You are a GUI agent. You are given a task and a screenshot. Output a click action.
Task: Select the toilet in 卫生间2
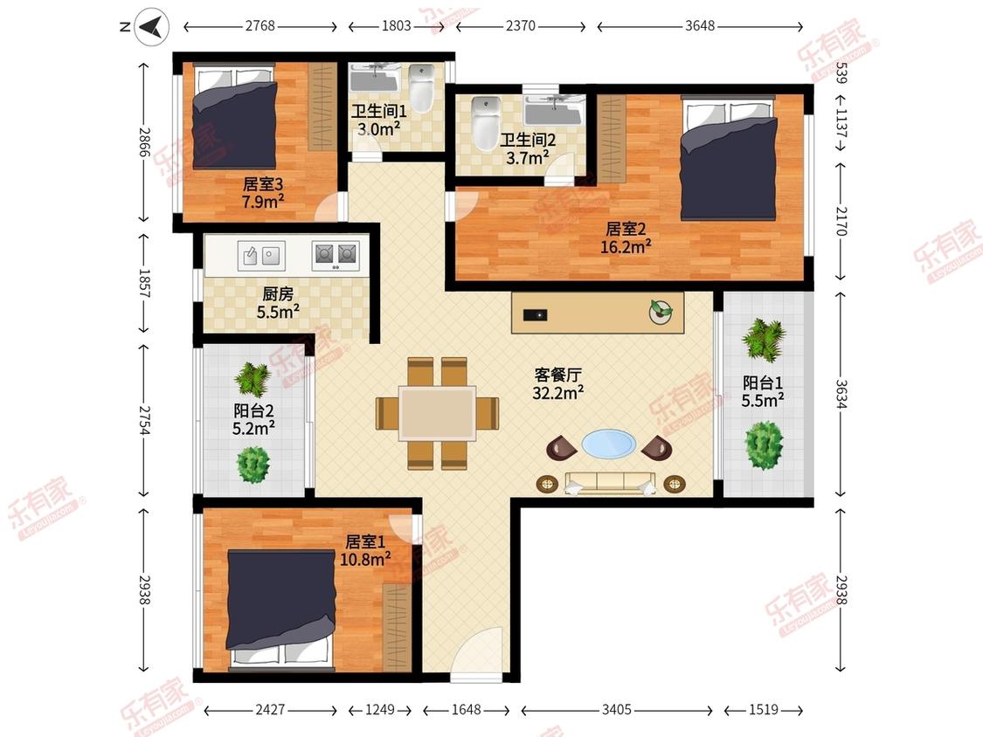(x=484, y=123)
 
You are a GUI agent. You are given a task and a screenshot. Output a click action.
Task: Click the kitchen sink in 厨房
(x=261, y=256)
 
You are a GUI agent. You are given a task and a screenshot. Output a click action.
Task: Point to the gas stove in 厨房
(x=336, y=255)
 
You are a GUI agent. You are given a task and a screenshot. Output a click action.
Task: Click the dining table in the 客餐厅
(x=438, y=413)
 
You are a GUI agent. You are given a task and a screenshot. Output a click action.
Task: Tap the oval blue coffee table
(x=608, y=444)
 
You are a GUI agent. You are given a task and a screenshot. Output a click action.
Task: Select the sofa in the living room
(x=610, y=483)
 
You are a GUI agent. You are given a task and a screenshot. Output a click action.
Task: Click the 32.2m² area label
(x=558, y=393)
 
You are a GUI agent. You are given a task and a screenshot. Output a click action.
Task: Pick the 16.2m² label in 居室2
(x=625, y=247)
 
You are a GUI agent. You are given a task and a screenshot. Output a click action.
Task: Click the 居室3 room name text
(x=263, y=184)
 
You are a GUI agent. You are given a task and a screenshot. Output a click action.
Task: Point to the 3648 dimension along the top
(x=700, y=25)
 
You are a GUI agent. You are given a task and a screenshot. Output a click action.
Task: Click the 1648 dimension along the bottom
(x=467, y=709)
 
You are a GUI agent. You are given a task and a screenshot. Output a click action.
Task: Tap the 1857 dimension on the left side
(x=144, y=283)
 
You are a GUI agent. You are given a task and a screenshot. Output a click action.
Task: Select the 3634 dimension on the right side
(x=841, y=394)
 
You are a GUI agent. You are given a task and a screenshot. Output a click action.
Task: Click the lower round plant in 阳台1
(x=764, y=445)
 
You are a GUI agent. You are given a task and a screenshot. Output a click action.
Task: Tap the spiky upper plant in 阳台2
(x=252, y=379)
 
